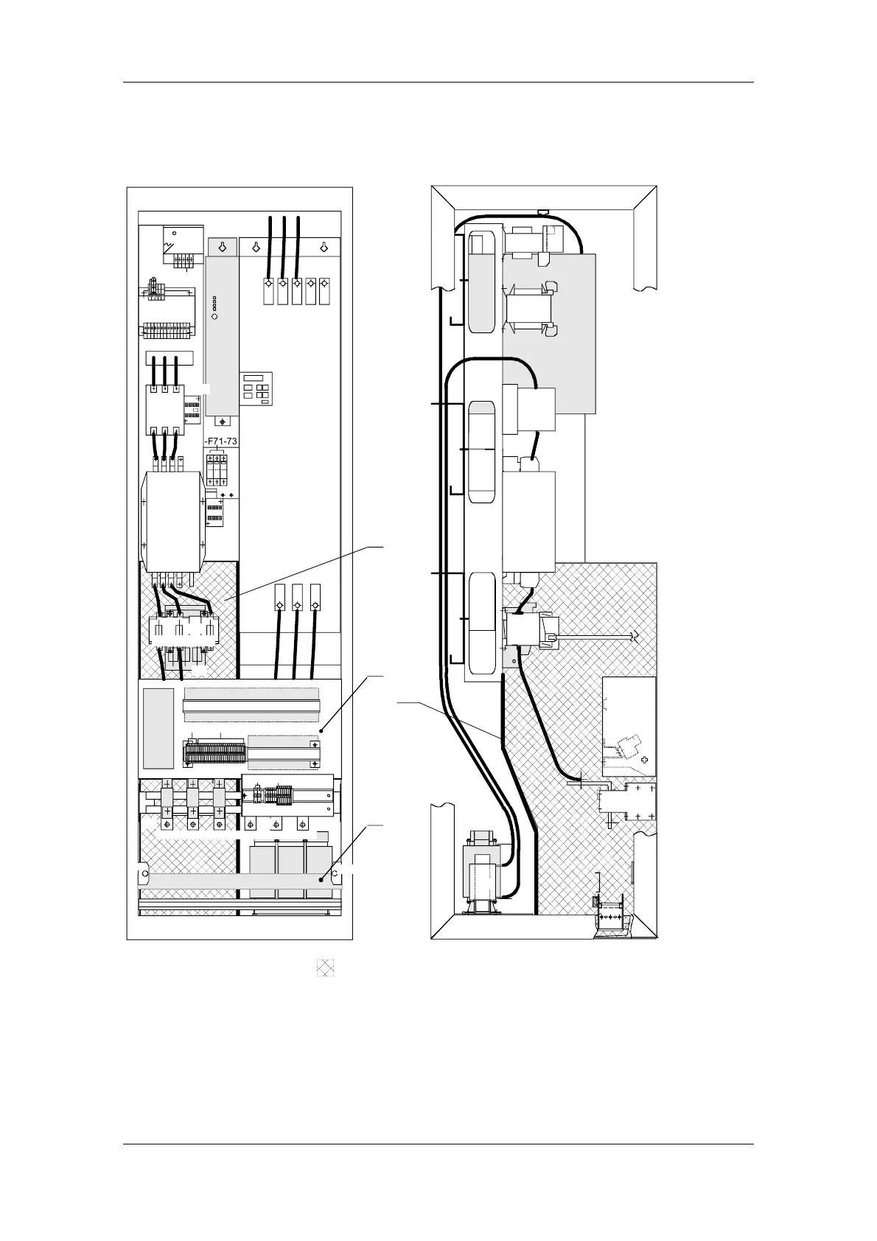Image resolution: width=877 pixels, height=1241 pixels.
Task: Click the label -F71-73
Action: (221, 441)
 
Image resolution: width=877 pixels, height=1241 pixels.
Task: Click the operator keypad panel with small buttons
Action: (256, 388)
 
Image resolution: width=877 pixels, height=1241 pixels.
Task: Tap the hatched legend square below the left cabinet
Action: (325, 968)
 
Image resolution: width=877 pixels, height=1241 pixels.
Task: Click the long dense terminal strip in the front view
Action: (214, 753)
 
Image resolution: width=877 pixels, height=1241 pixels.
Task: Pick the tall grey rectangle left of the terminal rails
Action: (158, 727)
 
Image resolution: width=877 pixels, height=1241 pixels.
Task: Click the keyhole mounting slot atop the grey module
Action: (222, 248)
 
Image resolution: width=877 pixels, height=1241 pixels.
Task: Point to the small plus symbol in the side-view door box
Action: (645, 759)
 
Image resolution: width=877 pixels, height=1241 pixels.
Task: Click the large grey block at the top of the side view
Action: (548, 332)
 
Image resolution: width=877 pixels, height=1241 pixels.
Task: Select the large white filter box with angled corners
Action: (172, 522)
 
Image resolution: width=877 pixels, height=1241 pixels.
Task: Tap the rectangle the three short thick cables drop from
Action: (170, 358)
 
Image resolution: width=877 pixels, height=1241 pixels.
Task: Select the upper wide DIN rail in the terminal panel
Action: (251, 705)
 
